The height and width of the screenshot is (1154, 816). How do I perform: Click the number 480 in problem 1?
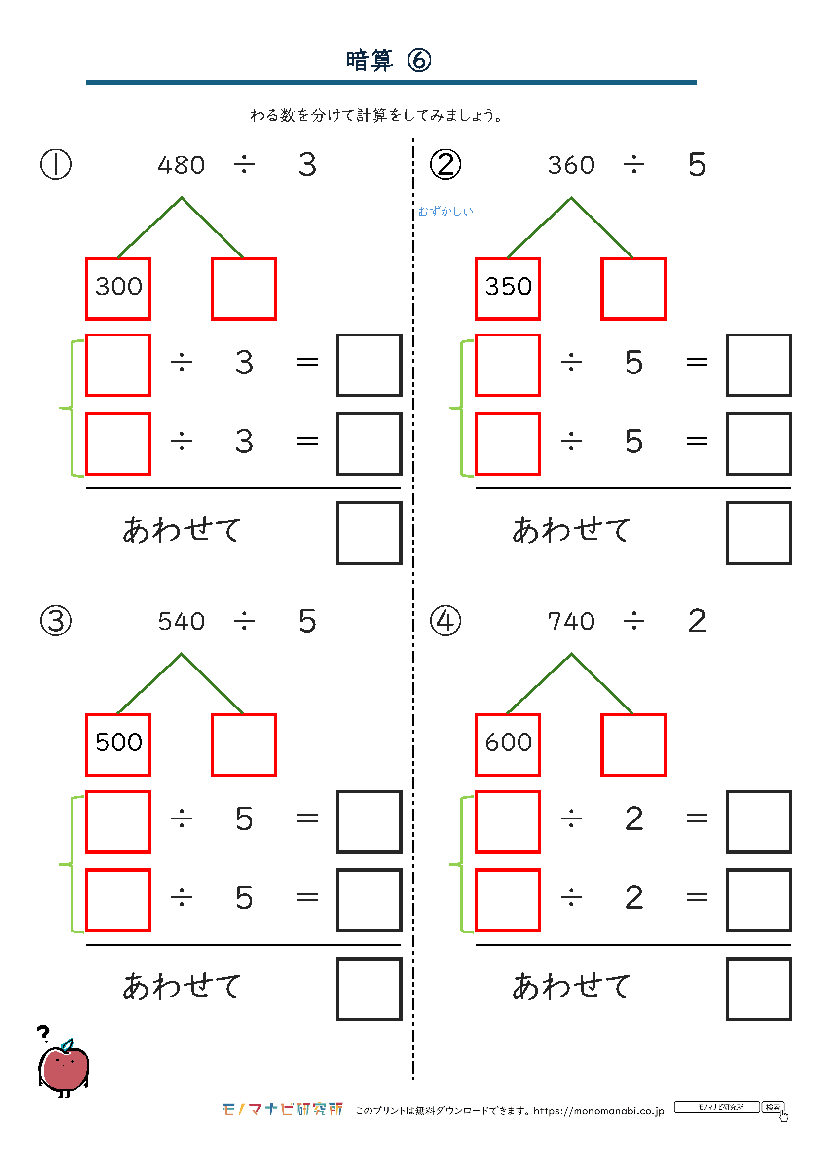pyautogui.click(x=182, y=165)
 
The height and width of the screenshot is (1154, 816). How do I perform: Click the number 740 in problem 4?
pyautogui.click(x=571, y=621)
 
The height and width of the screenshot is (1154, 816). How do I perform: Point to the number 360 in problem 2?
pyautogui.click(x=571, y=165)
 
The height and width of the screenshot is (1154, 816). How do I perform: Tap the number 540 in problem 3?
pyautogui.click(x=182, y=621)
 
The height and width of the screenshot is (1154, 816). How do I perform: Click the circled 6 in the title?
pyautogui.click(x=419, y=60)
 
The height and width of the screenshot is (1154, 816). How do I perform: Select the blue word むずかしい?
pyautogui.click(x=445, y=211)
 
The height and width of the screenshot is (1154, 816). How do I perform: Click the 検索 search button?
pyautogui.click(x=773, y=1107)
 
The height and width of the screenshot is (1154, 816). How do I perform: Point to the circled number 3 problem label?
pyautogui.click(x=56, y=621)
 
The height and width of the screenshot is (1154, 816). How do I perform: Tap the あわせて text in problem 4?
pyautogui.click(x=571, y=985)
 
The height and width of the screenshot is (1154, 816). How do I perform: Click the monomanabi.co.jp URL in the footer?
pyautogui.click(x=599, y=1110)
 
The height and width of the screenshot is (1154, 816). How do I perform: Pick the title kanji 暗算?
pyautogui.click(x=370, y=61)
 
